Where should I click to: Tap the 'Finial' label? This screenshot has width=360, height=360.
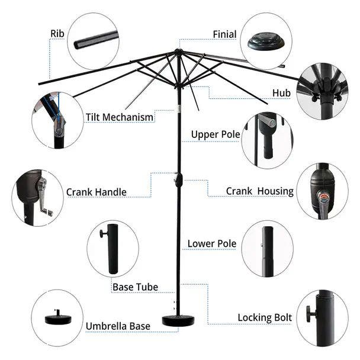click(x=225, y=34)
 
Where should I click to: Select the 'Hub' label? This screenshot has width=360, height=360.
click(x=281, y=93)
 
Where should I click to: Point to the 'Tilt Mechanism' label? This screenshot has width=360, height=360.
click(x=120, y=117)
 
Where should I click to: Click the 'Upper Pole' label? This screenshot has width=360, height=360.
click(x=215, y=135)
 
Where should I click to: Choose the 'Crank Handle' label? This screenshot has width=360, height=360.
click(x=96, y=192)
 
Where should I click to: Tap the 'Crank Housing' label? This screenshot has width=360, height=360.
click(x=259, y=191)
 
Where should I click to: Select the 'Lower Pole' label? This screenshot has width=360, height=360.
click(x=211, y=243)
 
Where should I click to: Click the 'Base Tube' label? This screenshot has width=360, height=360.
click(x=135, y=287)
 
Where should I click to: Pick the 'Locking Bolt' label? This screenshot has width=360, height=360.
click(x=265, y=318)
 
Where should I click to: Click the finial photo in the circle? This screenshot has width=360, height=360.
click(x=264, y=40)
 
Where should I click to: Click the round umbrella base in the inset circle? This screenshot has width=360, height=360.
click(x=57, y=318)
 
